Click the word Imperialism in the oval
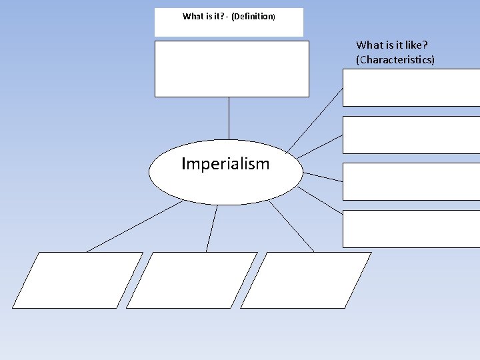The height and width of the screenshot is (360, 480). point(225,164)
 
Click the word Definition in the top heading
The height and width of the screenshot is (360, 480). point(252,17)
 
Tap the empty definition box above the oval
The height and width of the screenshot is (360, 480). point(232,69)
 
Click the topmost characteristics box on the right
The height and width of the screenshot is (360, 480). point(411,87)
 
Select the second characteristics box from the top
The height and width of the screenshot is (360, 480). point(411,135)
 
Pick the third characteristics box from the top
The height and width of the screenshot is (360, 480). point(411,181)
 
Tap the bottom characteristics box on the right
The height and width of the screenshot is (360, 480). point(411,229)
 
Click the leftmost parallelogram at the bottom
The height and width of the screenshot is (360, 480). point(77,280)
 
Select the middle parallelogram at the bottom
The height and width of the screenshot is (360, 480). point(192,280)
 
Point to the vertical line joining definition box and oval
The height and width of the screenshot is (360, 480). point(229,120)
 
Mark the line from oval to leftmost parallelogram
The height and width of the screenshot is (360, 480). point(133,227)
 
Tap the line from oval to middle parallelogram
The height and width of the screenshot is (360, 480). point(212,228)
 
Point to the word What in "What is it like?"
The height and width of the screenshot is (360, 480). point(369,45)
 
